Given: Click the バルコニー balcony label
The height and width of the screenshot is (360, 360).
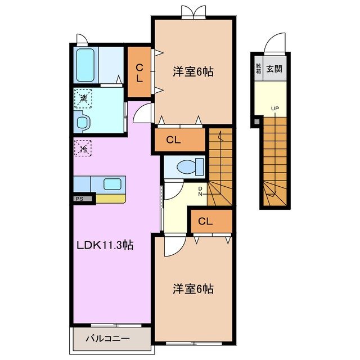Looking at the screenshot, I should (108, 339).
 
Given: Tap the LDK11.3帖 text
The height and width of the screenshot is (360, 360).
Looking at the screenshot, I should (105, 245).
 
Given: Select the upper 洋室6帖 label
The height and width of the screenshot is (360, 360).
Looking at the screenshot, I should (193, 72).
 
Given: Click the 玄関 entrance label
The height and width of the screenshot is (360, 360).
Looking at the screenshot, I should (274, 69).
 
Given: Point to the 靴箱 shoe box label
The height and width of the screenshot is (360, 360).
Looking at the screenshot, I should (258, 69).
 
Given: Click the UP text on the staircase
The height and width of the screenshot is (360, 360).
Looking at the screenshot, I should (274, 109).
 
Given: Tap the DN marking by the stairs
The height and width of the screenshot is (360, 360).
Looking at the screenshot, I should (200, 191).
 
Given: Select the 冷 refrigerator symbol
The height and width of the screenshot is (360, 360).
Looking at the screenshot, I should (83, 149).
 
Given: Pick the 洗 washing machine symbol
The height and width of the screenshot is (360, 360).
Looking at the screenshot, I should (83, 99).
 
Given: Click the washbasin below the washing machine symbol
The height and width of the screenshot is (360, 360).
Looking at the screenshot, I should (82, 122).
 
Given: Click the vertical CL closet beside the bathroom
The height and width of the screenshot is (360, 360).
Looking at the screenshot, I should (138, 73).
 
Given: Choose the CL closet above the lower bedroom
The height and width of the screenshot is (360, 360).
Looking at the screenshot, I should (209, 222).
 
